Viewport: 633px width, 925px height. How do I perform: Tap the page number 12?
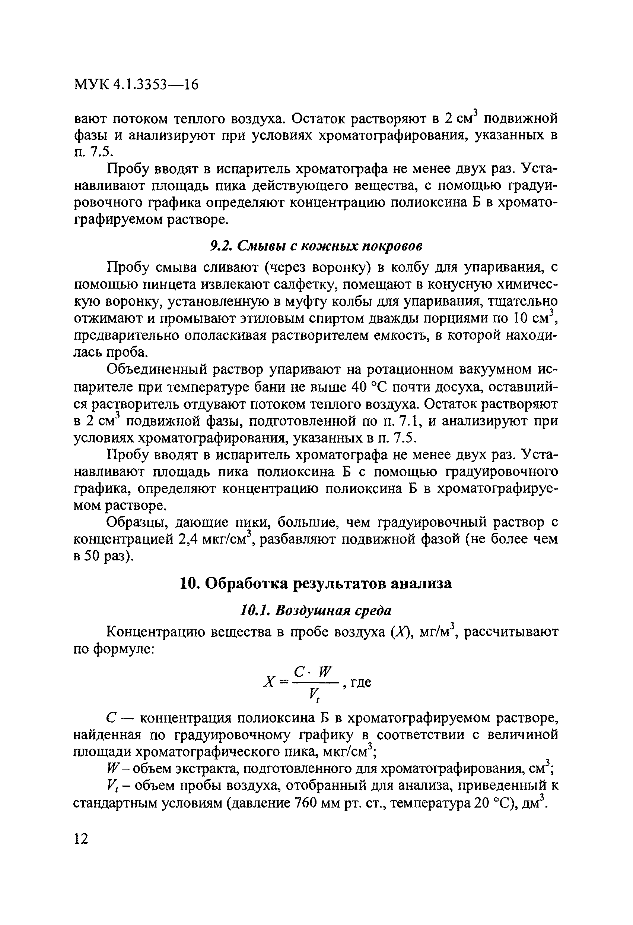[x=81, y=839]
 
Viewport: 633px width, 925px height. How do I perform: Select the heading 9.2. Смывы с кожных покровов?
[x=316, y=246]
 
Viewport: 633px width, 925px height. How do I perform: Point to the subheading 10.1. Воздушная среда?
[x=316, y=610]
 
